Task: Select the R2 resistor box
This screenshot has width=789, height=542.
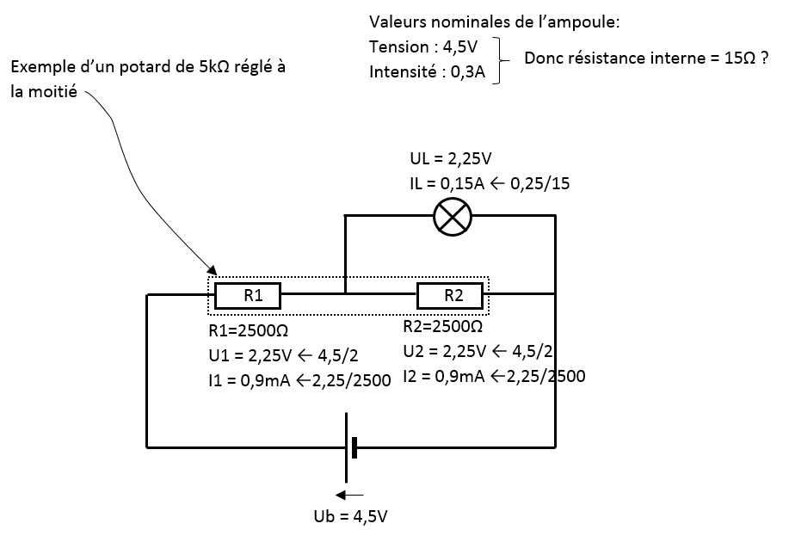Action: point(453,295)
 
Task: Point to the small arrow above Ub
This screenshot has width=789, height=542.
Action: point(349,495)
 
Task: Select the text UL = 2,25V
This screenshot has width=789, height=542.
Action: point(451,159)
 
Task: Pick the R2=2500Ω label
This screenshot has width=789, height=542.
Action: point(442,327)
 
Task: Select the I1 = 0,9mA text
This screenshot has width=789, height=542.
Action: point(249,379)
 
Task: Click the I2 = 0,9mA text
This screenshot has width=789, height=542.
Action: point(443,375)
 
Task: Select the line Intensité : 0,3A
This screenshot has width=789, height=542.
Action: point(428,72)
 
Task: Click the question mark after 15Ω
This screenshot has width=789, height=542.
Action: point(764,59)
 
